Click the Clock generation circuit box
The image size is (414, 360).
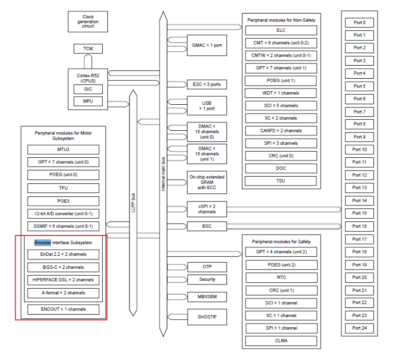[x=88, y=22]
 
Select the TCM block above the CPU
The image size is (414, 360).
[x=88, y=48]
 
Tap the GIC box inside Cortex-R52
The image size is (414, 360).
[x=88, y=89]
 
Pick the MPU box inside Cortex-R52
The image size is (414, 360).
[x=88, y=101]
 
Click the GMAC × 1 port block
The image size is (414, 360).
[x=206, y=45]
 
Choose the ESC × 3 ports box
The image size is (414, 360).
[x=206, y=84]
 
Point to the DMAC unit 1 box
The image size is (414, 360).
[x=206, y=154]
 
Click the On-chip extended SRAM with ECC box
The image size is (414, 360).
[x=206, y=182]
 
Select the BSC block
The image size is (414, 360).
[x=206, y=226]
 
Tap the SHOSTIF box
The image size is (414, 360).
[x=207, y=317]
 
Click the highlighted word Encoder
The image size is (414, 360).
[x=43, y=243]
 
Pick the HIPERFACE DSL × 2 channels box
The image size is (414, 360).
[x=64, y=280]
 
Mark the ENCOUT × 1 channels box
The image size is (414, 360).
[x=64, y=309]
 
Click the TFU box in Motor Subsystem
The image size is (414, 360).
[x=64, y=188]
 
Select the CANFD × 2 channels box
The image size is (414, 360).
[x=281, y=131]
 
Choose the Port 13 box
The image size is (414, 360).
[x=359, y=188]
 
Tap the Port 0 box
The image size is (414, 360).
[x=359, y=23]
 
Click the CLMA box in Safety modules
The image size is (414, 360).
[x=281, y=341]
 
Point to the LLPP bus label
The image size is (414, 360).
[x=133, y=203]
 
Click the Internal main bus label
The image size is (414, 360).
[x=163, y=174]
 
